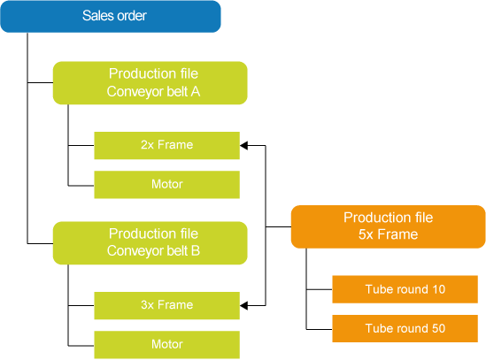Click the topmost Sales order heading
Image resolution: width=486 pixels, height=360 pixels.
coord(114,16)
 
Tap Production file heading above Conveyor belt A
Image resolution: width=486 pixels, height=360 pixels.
coord(153,74)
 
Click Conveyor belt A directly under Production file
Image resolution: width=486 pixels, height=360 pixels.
coord(153,91)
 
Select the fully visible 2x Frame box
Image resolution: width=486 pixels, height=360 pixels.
coord(166,145)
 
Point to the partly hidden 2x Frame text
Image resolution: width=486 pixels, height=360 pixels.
coord(166,167)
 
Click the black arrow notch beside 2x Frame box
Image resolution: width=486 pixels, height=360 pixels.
coord(243,145)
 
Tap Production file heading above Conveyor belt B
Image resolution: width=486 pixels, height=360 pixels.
coord(153,234)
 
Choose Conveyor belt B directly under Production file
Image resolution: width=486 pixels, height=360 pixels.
coord(153,250)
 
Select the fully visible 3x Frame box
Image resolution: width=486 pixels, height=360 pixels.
coord(166,305)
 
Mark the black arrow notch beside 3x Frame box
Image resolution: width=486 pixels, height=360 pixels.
coord(243,305)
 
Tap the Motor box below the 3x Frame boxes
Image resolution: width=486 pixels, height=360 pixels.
coord(166,344)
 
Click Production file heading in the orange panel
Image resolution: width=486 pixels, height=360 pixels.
coord(388,218)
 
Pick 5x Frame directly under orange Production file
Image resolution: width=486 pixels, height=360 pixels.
coord(388,234)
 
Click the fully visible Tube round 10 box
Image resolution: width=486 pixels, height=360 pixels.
coord(405,289)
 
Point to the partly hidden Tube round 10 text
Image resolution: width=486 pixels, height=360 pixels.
coord(405,312)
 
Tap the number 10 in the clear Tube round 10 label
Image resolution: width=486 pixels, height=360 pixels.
coord(438,289)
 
